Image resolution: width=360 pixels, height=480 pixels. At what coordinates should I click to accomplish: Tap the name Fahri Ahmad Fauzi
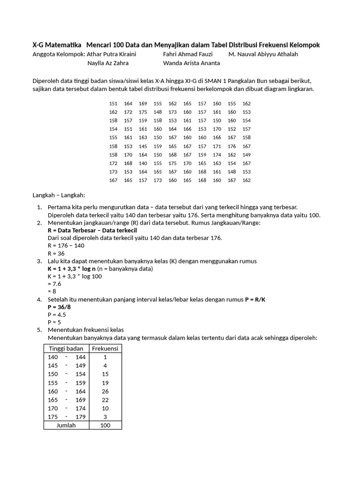[187, 54]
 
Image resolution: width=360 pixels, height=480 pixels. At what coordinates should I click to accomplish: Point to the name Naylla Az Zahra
[108, 63]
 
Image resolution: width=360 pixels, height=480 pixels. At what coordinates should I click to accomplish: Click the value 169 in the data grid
[143, 104]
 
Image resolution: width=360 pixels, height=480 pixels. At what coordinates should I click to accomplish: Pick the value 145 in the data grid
[143, 146]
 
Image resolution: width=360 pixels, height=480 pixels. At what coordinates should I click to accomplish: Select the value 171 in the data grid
[217, 146]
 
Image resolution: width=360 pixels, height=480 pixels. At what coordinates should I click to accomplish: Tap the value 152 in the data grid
[232, 129]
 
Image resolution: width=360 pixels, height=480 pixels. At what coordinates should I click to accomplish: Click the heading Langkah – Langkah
[59, 195]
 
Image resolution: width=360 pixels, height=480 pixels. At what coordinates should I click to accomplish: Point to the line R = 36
[56, 253]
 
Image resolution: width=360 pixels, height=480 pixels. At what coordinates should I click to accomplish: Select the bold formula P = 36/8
[60, 307]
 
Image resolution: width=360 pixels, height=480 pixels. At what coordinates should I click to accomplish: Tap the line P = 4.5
[56, 315]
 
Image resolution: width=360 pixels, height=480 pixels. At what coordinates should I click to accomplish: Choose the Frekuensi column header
[105, 348]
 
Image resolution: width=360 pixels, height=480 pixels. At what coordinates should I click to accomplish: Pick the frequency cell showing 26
[105, 391]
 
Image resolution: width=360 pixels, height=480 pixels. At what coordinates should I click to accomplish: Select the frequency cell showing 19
[105, 383]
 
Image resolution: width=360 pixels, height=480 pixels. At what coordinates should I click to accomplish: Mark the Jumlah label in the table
[66, 426]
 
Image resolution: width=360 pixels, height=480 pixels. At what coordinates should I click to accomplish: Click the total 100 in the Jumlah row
[105, 426]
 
